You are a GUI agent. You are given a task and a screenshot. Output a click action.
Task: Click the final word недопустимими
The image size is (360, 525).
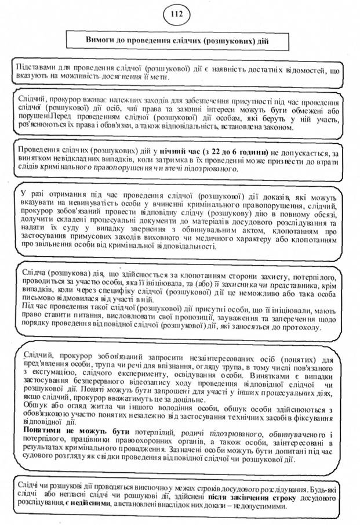(x=258, y=506)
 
